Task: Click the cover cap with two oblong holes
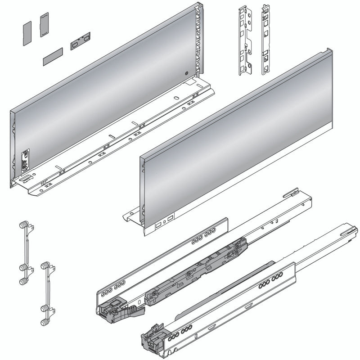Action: [x=80, y=41]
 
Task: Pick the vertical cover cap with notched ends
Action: [x=44, y=25]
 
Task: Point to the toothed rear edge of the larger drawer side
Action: [x=198, y=40]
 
